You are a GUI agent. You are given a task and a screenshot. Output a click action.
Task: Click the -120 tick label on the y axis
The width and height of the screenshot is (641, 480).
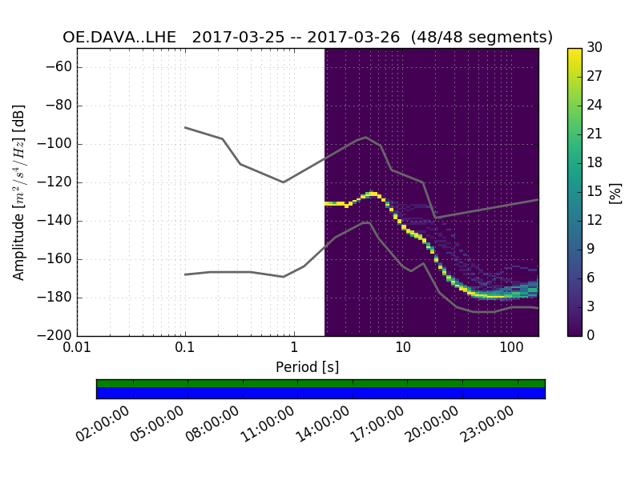tap(55, 182)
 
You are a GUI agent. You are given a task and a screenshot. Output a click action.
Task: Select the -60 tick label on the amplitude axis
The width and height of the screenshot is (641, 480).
tap(58, 67)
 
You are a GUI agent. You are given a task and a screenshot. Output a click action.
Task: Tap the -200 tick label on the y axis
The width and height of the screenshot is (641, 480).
tap(55, 336)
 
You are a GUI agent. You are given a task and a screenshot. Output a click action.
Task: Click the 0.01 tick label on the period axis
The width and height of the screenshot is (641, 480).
tap(77, 350)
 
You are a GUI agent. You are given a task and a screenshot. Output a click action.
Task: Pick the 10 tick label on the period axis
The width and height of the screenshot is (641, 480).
tap(402, 350)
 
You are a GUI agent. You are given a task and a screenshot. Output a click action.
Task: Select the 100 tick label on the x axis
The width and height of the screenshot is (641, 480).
tap(510, 350)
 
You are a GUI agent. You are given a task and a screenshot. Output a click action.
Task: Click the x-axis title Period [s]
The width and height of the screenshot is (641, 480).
tap(308, 367)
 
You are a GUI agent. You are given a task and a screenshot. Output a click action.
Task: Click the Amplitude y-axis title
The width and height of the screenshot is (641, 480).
tap(19, 192)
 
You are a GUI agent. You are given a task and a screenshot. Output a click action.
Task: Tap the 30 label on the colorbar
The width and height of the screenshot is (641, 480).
tap(595, 48)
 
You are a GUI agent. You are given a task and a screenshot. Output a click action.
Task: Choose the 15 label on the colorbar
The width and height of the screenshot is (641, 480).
tap(595, 192)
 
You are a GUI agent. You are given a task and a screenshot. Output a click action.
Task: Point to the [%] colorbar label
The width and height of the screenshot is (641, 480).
tap(616, 192)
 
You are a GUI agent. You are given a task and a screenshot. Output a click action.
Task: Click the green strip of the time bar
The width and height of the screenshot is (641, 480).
tap(320, 383)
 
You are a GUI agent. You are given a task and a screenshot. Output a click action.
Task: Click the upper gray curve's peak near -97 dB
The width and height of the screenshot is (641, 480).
tap(366, 138)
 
